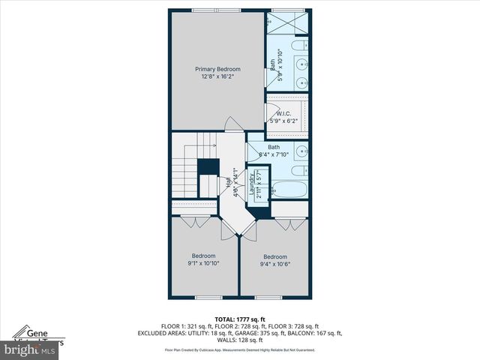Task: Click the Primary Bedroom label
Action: [x=217, y=69]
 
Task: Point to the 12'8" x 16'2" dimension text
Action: [x=217, y=76]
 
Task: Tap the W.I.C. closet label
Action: [x=283, y=113]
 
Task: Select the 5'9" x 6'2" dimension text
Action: [x=283, y=120]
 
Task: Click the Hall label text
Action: [x=228, y=182]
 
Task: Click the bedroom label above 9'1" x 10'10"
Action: [x=203, y=256]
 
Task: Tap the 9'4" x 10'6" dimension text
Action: [x=274, y=264]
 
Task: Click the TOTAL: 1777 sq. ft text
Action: [x=239, y=319]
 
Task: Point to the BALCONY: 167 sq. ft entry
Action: [x=317, y=333]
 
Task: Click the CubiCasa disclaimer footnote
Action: [x=239, y=349]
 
